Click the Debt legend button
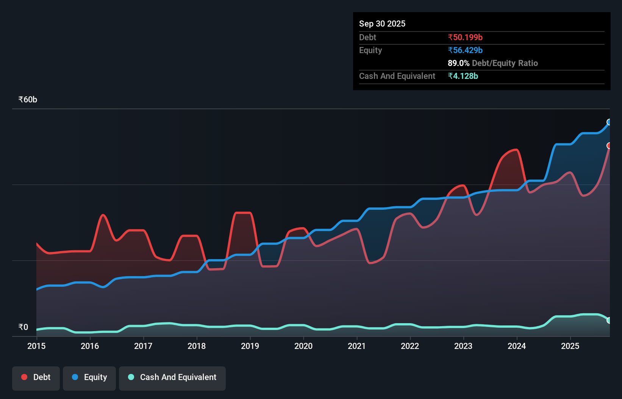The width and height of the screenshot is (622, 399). (x=36, y=377)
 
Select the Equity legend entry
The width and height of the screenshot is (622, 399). (x=89, y=377)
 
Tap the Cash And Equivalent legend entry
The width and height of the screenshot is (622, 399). (x=172, y=377)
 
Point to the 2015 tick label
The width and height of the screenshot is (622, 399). (x=36, y=346)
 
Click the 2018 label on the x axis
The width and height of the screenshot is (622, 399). (x=197, y=346)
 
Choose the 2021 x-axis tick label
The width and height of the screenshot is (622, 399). (x=357, y=346)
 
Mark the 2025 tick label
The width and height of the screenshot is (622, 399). (x=570, y=346)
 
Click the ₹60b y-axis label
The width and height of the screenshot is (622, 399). (x=28, y=100)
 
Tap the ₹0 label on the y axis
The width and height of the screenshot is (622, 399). (x=23, y=327)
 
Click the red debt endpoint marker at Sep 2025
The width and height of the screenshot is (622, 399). (x=609, y=146)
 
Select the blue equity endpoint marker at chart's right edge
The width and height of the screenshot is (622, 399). (x=609, y=122)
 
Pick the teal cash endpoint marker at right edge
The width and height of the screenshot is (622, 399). (x=609, y=320)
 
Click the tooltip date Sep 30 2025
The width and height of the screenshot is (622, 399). (x=382, y=24)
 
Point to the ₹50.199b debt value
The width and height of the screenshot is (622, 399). (x=465, y=37)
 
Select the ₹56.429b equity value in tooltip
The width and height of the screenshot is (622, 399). (x=465, y=50)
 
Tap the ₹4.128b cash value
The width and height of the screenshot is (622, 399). (x=463, y=76)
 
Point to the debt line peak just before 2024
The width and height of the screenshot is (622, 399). (x=516, y=150)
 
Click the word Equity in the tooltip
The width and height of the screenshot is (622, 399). (x=370, y=50)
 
